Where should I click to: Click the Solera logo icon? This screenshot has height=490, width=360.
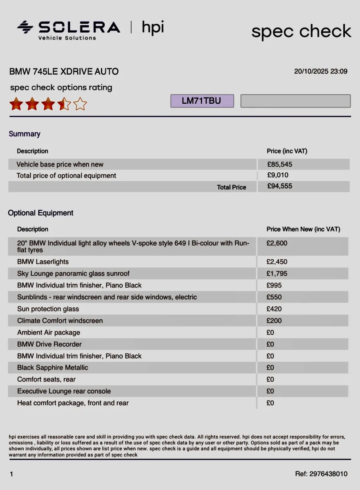click(x=25, y=27)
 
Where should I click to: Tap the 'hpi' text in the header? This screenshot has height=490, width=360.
click(x=153, y=28)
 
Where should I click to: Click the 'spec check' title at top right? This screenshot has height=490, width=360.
click(x=301, y=31)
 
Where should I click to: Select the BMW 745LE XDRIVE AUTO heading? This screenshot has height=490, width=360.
click(x=64, y=71)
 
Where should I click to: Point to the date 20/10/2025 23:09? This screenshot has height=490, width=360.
click(x=321, y=71)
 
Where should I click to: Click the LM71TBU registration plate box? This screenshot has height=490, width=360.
click(x=202, y=101)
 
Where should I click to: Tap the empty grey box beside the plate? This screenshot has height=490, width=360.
click(x=295, y=101)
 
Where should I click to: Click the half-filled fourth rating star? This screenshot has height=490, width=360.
click(x=64, y=104)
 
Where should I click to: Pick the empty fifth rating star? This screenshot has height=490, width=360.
click(x=80, y=104)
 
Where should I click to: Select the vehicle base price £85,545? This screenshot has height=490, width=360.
click(x=280, y=164)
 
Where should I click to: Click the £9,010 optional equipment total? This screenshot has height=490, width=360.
click(x=278, y=175)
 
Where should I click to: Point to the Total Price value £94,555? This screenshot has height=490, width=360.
click(x=280, y=186)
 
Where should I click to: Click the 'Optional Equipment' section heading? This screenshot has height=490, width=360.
click(x=41, y=213)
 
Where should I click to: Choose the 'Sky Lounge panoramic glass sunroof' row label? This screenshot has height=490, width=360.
click(x=73, y=273)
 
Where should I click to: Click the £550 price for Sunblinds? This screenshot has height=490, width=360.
click(x=274, y=297)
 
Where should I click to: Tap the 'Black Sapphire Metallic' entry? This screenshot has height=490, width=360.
click(x=52, y=367)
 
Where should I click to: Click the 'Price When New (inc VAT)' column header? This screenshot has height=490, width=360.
click(x=303, y=229)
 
